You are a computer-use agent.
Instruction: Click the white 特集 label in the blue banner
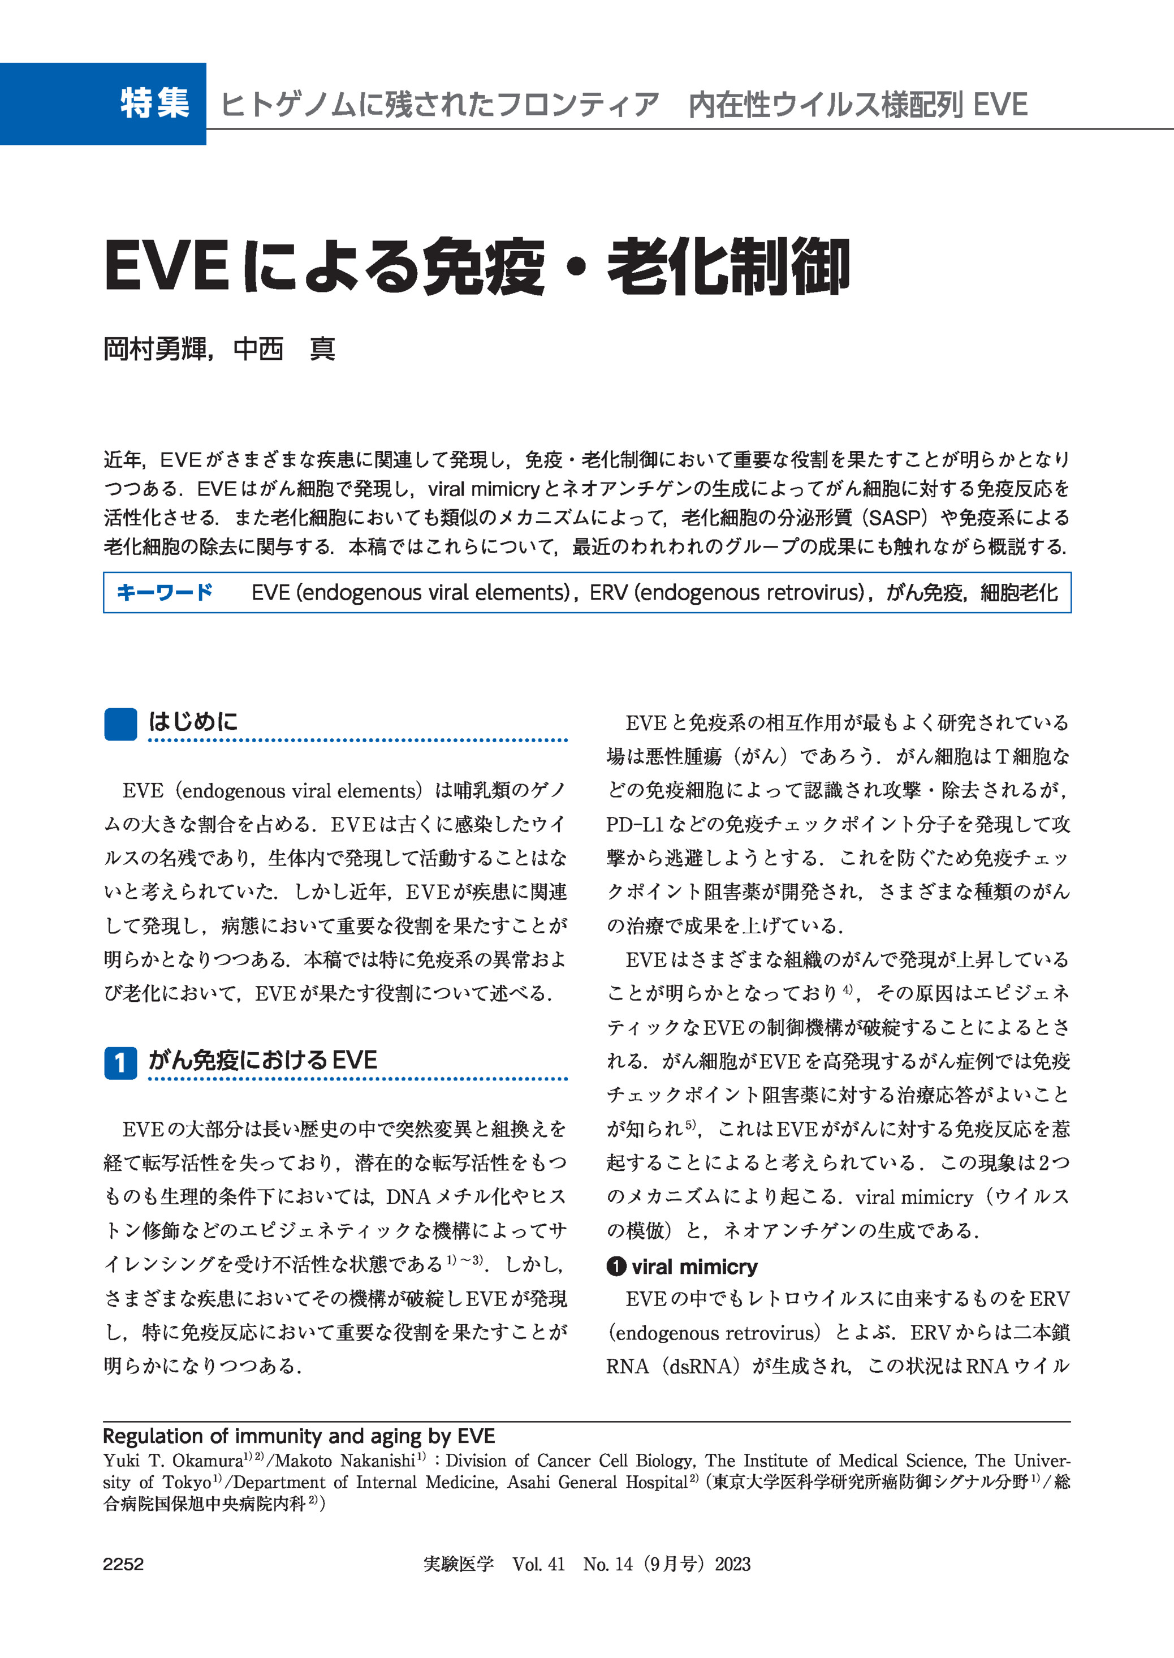[x=155, y=103]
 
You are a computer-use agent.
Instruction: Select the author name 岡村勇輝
[x=155, y=349]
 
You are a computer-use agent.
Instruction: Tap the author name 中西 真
[x=284, y=349]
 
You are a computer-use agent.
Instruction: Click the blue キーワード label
[x=165, y=592]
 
